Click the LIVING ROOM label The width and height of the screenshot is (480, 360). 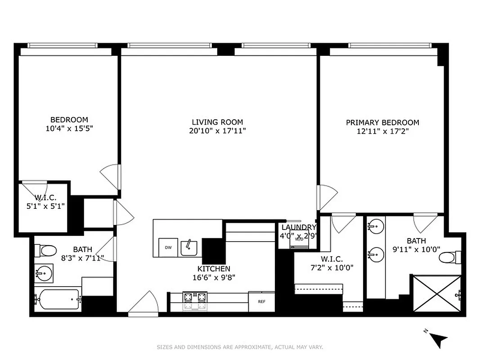pyautogui.click(x=217, y=122)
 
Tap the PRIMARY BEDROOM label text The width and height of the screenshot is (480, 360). pyautogui.click(x=382, y=122)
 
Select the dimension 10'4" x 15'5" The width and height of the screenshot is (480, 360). pyautogui.click(x=69, y=128)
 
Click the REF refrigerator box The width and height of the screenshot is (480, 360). pyautogui.click(x=261, y=302)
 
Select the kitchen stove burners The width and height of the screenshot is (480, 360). pyautogui.click(x=195, y=301)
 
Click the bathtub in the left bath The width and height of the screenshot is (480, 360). pyautogui.click(x=58, y=299)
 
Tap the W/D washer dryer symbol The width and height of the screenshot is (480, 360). pyautogui.click(x=299, y=239)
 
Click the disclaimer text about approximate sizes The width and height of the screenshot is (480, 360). pyautogui.click(x=240, y=347)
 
